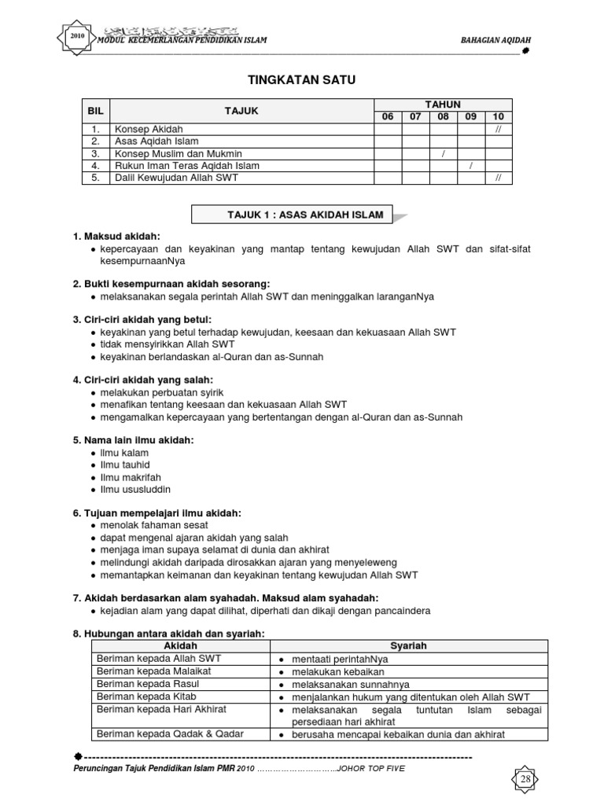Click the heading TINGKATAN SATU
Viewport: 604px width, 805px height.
tap(301, 80)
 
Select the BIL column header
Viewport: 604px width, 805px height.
tap(95, 111)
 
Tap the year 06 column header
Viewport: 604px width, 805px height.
tap(387, 116)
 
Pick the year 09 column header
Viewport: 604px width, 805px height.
tap(470, 116)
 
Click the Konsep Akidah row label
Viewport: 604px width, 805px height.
tap(149, 129)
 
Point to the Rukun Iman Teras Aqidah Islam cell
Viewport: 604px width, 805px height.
tap(186, 166)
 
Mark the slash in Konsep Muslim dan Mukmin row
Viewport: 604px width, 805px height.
tap(443, 153)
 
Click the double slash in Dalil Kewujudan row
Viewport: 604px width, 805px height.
tap(498, 178)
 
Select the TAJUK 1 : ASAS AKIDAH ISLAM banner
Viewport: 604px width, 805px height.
tap(294, 215)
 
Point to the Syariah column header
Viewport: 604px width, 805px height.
tap(408, 646)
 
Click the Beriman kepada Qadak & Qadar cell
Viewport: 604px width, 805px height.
tap(170, 734)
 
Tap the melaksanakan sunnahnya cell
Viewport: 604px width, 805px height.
tap(344, 685)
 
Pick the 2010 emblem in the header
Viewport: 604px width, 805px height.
tap(76, 37)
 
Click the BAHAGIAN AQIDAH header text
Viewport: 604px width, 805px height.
tap(488, 41)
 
